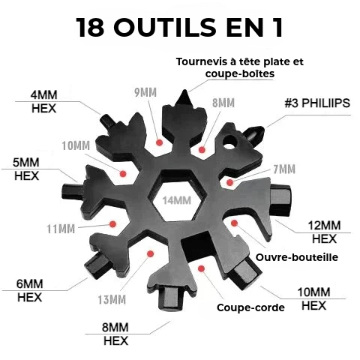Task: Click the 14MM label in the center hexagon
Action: point(177,200)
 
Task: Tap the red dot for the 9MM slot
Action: point(159,142)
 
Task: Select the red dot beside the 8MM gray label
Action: point(202,150)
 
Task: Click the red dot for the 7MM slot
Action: point(229,182)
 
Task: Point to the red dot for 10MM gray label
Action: point(123,173)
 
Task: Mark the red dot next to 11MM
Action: point(113,223)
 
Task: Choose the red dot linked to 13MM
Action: point(151,254)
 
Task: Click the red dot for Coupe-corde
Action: point(201,268)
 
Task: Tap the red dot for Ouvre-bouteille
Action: point(234,223)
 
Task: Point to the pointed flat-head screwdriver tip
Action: point(184,95)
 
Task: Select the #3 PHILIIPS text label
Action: point(317,103)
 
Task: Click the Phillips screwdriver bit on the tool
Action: point(255,132)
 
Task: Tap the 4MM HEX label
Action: point(43,102)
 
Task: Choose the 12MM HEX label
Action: point(324,232)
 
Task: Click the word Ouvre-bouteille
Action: point(297,257)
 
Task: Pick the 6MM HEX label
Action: point(30,290)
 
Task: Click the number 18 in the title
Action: point(90,27)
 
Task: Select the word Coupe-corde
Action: point(250,307)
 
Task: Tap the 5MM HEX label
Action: point(26,169)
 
